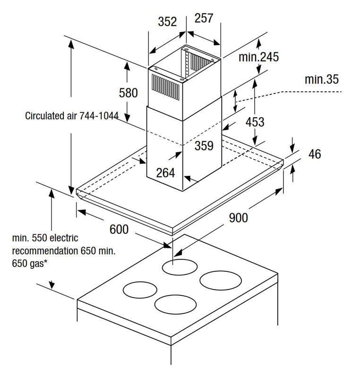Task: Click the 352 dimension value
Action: tap(167, 22)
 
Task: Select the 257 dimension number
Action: tap(204, 18)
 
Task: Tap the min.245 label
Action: tap(258, 57)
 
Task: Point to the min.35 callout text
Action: tap(322, 79)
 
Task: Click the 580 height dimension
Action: tap(128, 93)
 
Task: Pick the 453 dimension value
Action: tap(255, 122)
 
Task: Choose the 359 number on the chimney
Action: tap(204, 146)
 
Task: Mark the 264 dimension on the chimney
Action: tap(165, 173)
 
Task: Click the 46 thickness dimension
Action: tap(315, 154)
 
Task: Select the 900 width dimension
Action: tap(238, 218)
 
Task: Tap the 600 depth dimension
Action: tap(119, 229)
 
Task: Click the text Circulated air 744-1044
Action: tap(72, 116)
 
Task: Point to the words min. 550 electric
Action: tap(45, 238)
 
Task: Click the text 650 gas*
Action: tap(29, 263)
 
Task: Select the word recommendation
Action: tap(45, 251)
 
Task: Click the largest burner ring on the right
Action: tap(221, 281)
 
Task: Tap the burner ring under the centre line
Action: tap(180, 267)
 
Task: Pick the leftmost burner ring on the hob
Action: tap(140, 290)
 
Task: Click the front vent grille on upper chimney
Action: tap(165, 87)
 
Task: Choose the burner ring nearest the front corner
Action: tap(175, 304)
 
